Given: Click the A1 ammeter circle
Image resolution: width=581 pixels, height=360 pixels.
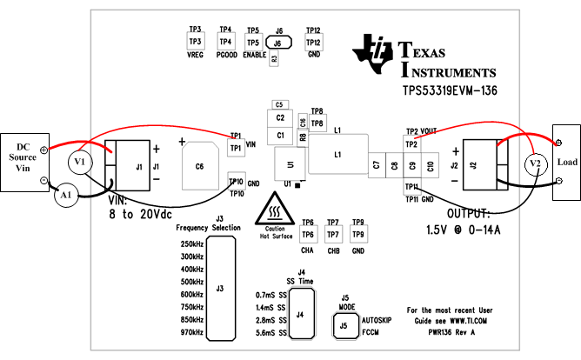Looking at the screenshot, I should tap(63, 197).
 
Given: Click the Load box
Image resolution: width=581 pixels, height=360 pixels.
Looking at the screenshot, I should tap(565, 163).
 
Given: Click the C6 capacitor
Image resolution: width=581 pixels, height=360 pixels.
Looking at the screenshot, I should tap(200, 165).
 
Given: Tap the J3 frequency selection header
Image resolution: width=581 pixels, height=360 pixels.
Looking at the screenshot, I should tap(221, 288).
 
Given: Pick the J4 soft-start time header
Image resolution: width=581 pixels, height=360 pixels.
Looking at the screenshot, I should tap(300, 314).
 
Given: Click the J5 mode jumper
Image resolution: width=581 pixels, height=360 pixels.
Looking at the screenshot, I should tap(344, 326).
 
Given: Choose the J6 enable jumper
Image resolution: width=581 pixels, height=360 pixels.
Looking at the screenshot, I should tap(278, 42).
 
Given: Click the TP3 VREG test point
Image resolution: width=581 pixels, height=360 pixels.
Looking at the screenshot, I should tap(195, 42).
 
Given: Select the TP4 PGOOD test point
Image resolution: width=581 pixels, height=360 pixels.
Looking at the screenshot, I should tap(225, 42).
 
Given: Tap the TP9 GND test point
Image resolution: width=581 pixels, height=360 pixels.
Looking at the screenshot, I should tap(358, 234).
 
